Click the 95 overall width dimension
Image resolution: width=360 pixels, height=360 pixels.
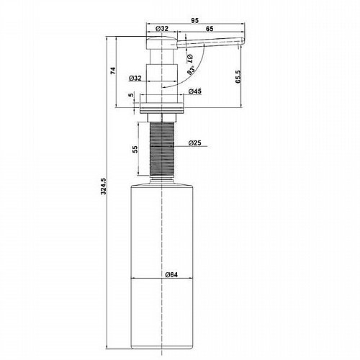[195, 20]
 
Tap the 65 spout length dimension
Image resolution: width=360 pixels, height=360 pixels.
[210, 29]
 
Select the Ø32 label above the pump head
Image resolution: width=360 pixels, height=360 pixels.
[162, 29]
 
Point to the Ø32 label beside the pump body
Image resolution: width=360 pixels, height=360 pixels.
[135, 78]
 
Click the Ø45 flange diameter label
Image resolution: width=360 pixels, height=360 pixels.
[195, 91]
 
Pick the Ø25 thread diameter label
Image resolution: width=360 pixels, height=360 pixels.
[194, 143]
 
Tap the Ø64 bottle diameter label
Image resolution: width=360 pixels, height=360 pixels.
[171, 274]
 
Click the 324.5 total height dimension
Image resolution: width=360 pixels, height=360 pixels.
[104, 186]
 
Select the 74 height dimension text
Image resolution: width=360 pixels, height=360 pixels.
[113, 71]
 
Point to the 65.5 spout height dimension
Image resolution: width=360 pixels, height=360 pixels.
[238, 77]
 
